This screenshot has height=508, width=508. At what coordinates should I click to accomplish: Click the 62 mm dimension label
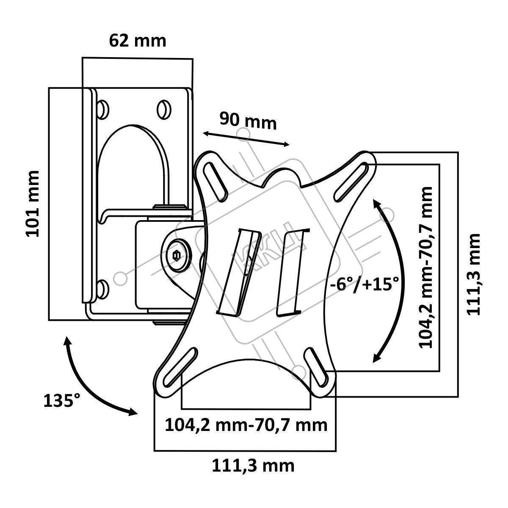click(x=138, y=41)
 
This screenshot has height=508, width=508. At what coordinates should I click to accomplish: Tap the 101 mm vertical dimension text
click(x=33, y=204)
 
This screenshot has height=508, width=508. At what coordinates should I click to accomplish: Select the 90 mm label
click(x=248, y=121)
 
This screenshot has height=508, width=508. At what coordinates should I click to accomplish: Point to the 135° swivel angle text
click(x=62, y=400)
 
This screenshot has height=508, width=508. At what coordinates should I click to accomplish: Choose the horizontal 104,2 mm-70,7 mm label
click(x=246, y=425)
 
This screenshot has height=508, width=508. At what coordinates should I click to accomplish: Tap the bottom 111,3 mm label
click(x=253, y=466)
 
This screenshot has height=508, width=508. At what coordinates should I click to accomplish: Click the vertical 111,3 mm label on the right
click(x=474, y=274)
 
